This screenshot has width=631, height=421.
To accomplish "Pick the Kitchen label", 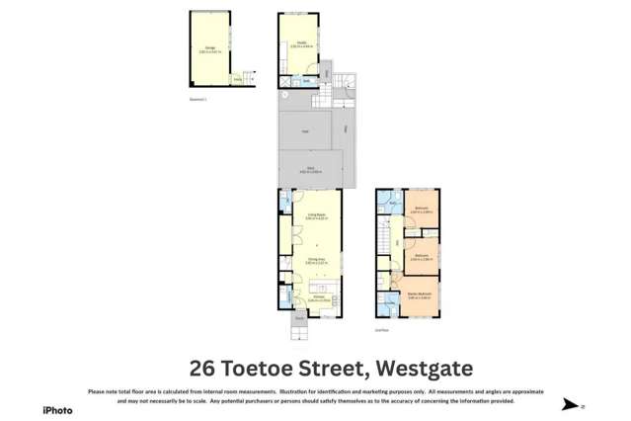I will click(319, 297).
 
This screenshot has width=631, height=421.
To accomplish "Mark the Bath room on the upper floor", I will click(392, 204).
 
